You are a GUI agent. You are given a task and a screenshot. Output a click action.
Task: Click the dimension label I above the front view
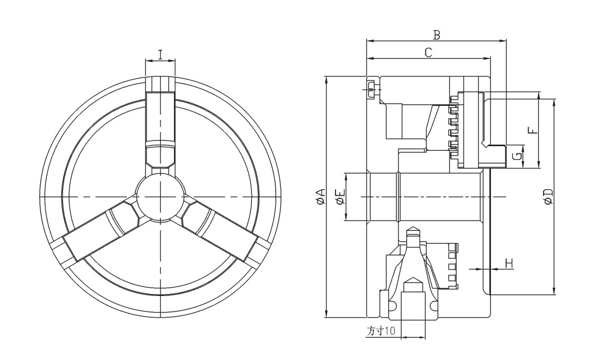[161, 54]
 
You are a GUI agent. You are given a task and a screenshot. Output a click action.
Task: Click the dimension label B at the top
[436, 35]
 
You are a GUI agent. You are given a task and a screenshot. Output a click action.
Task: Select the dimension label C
[428, 52]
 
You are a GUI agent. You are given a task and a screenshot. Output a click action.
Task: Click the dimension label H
[509, 263]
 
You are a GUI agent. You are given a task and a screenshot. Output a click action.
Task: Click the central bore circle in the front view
[161, 197]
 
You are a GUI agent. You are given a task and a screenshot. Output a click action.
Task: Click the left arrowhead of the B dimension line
[369, 41]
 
